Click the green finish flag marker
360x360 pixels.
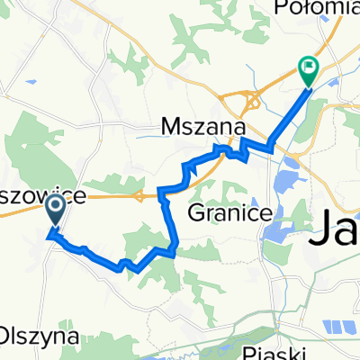309,67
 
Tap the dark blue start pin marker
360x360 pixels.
54,211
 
